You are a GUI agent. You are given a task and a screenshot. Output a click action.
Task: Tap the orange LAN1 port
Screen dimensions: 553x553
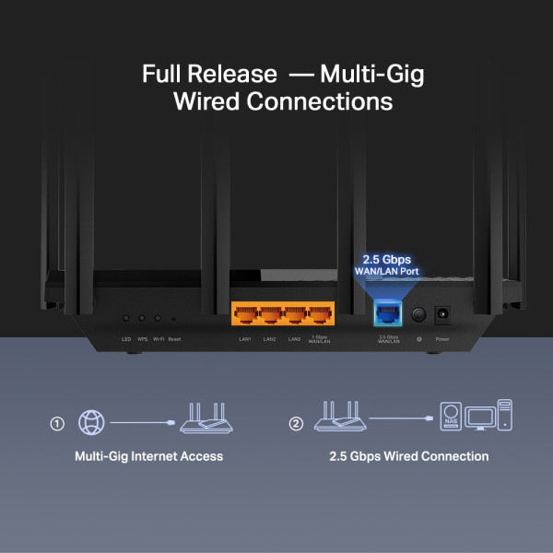tap(245, 316)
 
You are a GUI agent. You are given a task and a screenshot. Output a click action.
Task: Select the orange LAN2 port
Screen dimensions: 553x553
tap(270, 316)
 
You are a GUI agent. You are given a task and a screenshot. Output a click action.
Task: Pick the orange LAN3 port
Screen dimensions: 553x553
tap(295, 316)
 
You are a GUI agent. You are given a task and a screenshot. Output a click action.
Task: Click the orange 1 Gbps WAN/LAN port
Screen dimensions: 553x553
tap(319, 316)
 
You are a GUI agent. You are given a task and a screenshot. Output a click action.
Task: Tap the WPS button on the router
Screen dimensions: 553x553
tap(142, 317)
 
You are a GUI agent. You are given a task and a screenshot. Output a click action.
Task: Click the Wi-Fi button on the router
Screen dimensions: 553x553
tap(158, 317)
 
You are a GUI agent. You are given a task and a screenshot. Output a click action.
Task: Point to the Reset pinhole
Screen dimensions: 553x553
tap(174, 317)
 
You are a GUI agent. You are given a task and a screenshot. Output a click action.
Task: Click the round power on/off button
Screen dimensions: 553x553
tap(418, 315)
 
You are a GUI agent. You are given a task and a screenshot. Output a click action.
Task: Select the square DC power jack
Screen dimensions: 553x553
tap(442, 314)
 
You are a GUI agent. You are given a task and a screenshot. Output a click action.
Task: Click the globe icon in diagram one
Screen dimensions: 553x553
tap(91, 422)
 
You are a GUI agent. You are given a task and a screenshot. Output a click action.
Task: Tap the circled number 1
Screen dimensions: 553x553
tap(57, 424)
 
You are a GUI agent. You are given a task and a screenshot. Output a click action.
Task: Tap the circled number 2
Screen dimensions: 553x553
tap(296, 424)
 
